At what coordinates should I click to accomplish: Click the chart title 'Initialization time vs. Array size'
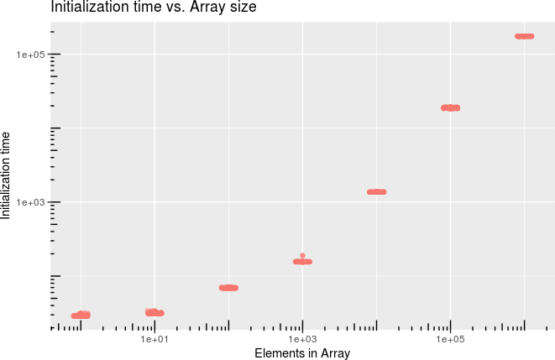tap(154, 8)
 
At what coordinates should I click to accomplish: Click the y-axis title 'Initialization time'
tap(7, 175)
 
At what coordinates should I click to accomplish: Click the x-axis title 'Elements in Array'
tap(302, 353)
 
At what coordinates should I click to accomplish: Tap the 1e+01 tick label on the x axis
tap(154, 339)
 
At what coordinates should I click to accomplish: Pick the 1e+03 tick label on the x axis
tap(302, 339)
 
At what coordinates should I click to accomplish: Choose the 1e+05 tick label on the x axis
tap(450, 339)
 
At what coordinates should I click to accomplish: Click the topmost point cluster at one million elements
tap(524, 36)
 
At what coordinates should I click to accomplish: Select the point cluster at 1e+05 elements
tap(450, 107)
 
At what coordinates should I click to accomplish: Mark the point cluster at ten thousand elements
tap(376, 192)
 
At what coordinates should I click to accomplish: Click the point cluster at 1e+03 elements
tap(302, 262)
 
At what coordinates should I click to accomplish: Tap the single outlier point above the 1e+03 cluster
tap(302, 255)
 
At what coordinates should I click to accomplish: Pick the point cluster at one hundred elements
tap(228, 288)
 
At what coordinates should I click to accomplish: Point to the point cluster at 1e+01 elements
tap(154, 313)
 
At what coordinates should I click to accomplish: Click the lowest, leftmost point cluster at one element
tap(81, 316)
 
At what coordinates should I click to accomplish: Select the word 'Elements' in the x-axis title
tap(279, 353)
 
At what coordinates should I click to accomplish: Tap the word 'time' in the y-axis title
tap(7, 143)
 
